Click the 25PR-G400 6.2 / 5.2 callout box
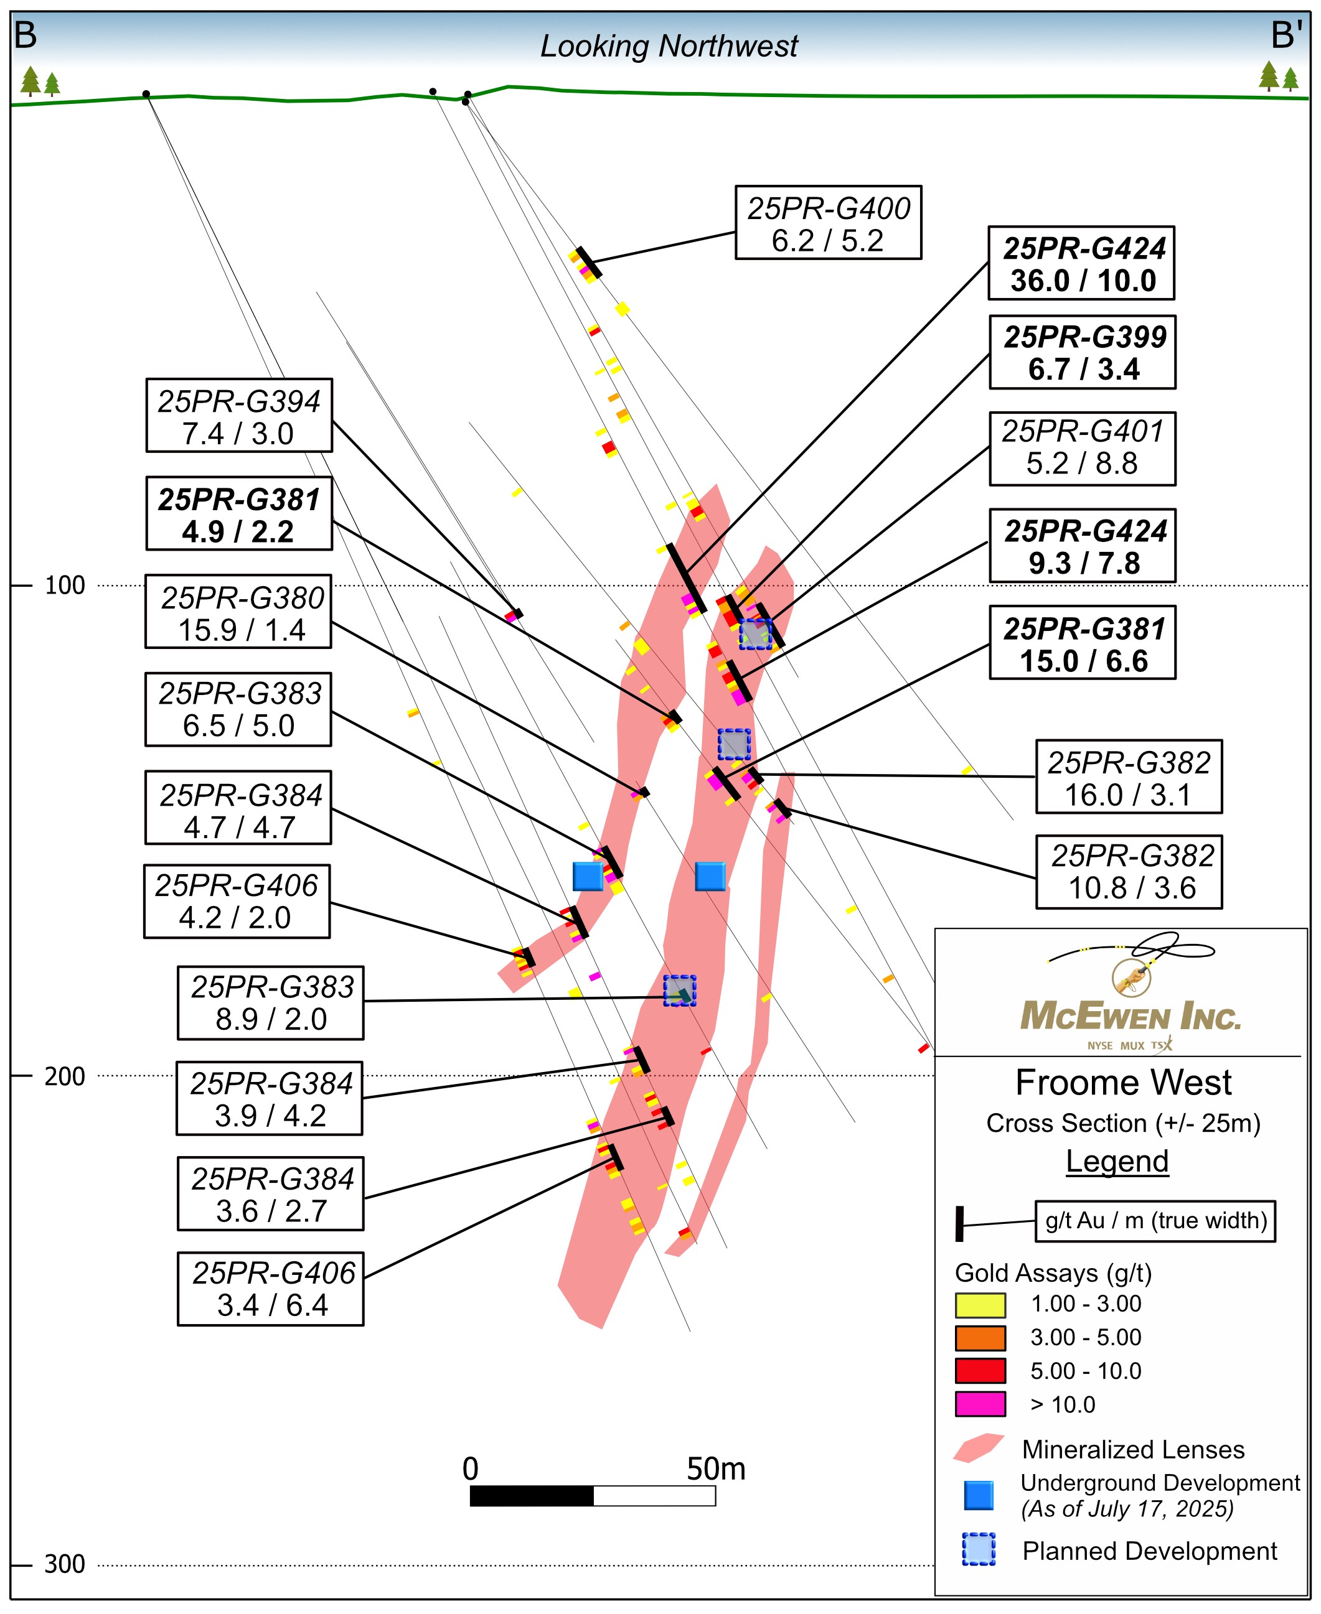coord(828,223)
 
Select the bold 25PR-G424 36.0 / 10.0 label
coord(1081,263)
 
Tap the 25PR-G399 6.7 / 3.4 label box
coord(1082,352)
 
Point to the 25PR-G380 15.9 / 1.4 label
coord(238,612)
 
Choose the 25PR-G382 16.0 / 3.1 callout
coord(1129,777)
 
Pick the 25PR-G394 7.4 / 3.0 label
coord(239,415)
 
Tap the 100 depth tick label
coord(65,585)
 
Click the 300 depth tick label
coord(65,1565)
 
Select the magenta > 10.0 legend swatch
coord(980,1404)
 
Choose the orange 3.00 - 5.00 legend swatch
coord(980,1338)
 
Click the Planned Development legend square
coord(979,1549)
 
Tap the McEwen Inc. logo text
coord(1130,1016)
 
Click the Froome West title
coord(1123,1083)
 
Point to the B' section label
coord(1287,35)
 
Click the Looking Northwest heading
coord(669,47)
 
